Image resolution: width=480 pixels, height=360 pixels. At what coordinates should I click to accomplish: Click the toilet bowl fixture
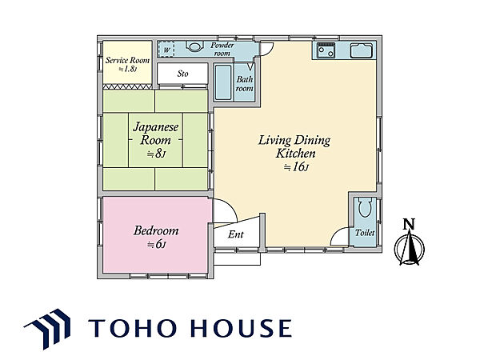pyautogui.click(x=364, y=208)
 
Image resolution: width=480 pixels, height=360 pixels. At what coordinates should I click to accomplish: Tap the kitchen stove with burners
pyautogui.click(x=326, y=50)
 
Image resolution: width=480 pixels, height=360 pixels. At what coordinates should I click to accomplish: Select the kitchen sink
pyautogui.click(x=362, y=50)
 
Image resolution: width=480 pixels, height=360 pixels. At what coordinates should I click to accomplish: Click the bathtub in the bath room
pyautogui.click(x=223, y=82)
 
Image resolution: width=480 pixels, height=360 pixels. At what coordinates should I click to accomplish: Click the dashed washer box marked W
pyautogui.click(x=166, y=50)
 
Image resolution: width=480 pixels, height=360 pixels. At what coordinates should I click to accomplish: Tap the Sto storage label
pyautogui.click(x=182, y=74)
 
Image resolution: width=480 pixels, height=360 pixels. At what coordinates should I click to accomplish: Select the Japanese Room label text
pyautogui.click(x=155, y=134)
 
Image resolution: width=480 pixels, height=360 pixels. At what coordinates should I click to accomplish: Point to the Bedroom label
pyautogui.click(x=156, y=230)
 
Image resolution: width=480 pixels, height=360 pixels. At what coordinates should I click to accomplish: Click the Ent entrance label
pyautogui.click(x=236, y=234)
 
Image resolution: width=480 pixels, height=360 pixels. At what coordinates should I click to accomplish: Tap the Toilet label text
pyautogui.click(x=365, y=233)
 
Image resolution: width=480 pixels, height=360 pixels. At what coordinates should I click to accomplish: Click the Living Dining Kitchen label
pyautogui.click(x=294, y=147)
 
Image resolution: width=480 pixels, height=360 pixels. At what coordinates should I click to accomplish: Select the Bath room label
pyautogui.click(x=244, y=83)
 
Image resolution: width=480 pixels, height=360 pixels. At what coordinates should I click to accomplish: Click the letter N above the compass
pyautogui.click(x=409, y=224)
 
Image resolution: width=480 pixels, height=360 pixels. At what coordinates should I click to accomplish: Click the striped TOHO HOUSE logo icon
pyautogui.click(x=49, y=329)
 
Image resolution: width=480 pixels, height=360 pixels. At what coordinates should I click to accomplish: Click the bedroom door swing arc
pyautogui.click(x=228, y=207)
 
